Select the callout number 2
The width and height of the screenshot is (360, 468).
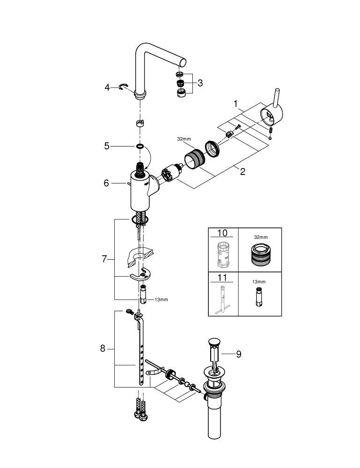(x=242, y=171)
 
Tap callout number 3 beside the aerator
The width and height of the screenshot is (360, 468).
(x=200, y=83)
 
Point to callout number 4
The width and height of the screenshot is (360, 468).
(x=107, y=87)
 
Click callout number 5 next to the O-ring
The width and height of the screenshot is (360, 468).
(x=107, y=146)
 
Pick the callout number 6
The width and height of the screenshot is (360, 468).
(x=106, y=183)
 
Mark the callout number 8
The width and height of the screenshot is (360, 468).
(x=103, y=348)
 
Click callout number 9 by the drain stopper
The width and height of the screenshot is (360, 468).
(x=238, y=354)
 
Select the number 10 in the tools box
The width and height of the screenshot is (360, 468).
(x=223, y=233)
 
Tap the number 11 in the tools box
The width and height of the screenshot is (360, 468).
(x=223, y=278)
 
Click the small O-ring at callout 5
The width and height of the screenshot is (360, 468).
(x=140, y=146)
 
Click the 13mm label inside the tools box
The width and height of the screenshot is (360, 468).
(x=259, y=282)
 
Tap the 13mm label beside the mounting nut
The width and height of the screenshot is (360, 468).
(x=161, y=300)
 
